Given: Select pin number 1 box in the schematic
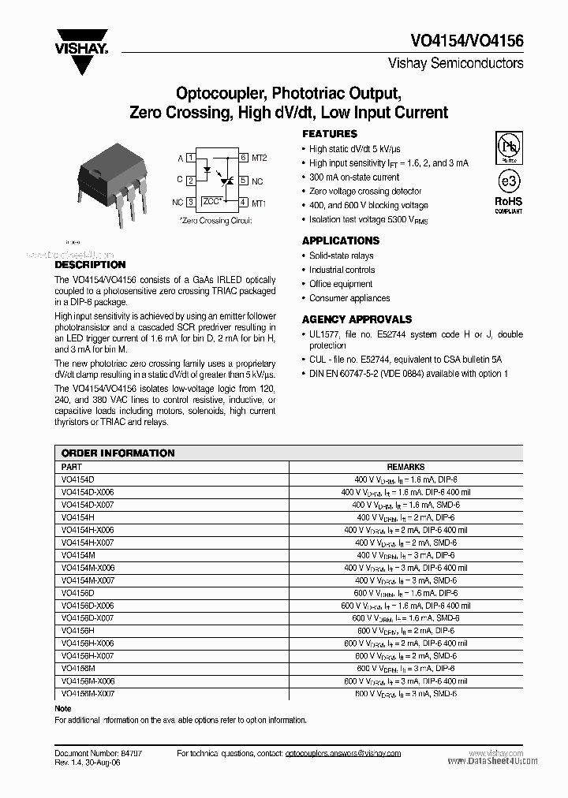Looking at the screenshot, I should click(x=191, y=158).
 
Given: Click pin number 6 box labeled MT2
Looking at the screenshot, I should click(x=244, y=158).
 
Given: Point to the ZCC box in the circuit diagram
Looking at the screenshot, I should click(x=211, y=202).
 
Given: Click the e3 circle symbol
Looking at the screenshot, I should click(x=507, y=181).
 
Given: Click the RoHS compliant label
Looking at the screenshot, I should click(x=508, y=205).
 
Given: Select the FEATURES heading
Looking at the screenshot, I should click(x=330, y=134).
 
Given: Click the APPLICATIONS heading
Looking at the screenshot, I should click(x=341, y=241).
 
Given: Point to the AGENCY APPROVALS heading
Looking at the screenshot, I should click(x=357, y=319).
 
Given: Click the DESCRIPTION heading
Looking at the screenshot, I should click(x=90, y=265).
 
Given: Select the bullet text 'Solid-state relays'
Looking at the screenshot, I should click(x=341, y=255).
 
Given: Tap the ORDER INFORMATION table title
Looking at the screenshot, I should click(x=118, y=453).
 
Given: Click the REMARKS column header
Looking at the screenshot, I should click(x=405, y=467).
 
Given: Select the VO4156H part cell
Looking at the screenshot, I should click(x=77, y=631).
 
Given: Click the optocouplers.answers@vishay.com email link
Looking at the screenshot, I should click(x=342, y=754).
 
